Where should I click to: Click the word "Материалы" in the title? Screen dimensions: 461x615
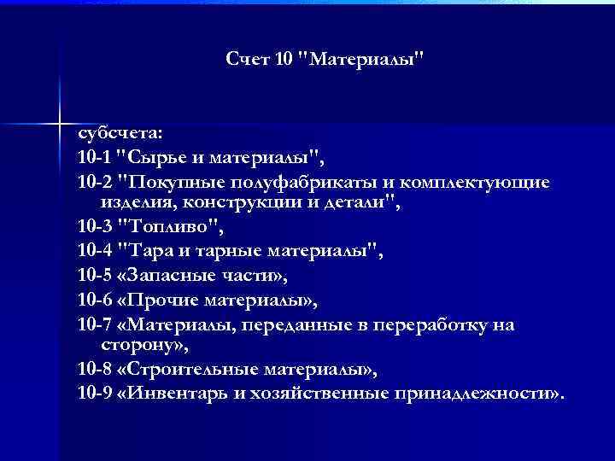pos(365,60)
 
